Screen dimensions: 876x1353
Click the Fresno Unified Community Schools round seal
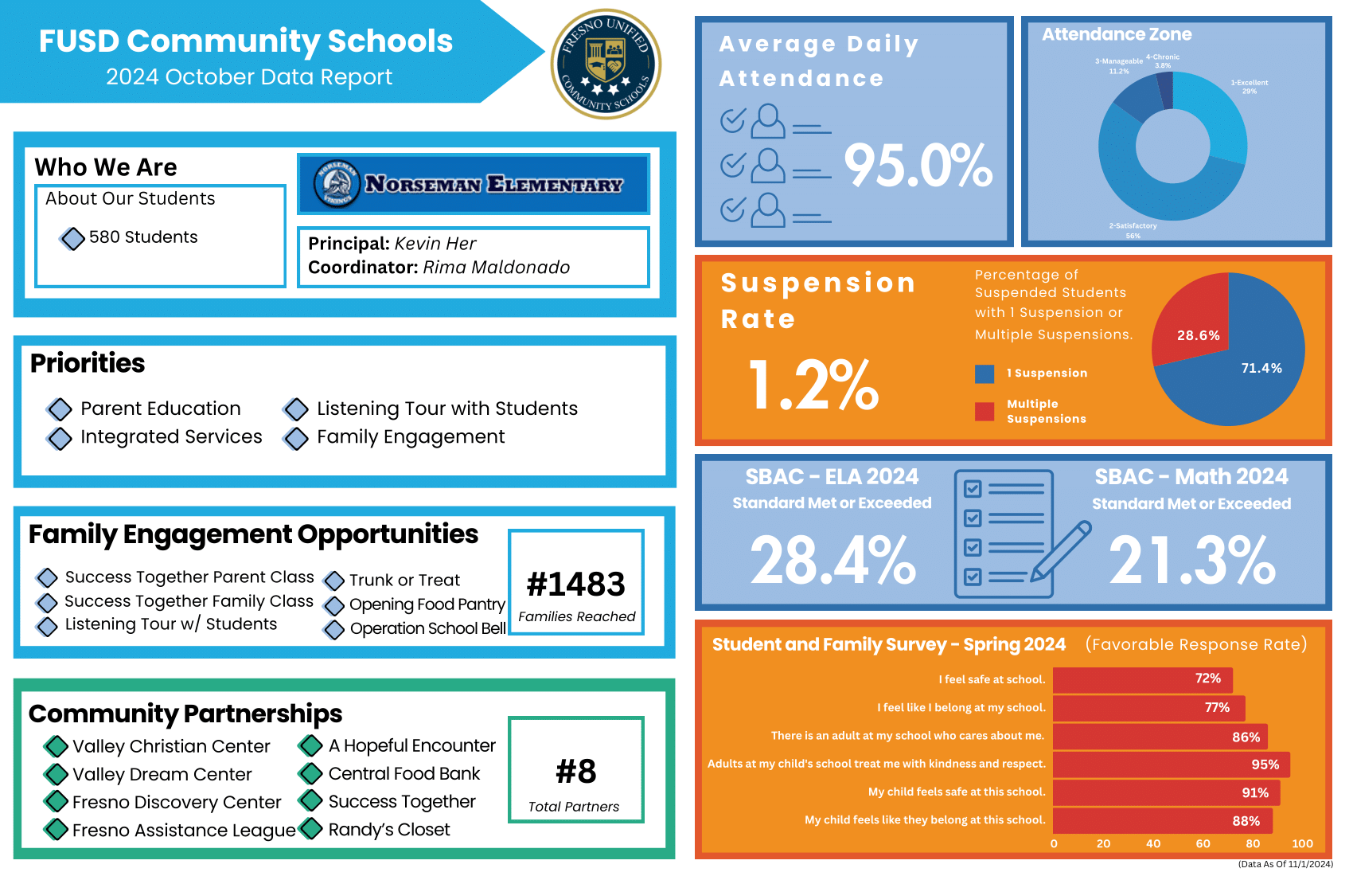pos(606,64)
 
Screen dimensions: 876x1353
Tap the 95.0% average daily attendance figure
pos(918,166)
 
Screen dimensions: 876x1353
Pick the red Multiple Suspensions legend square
pos(985,411)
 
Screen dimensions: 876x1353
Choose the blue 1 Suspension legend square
pos(985,373)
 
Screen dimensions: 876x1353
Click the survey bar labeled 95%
pos(1170,765)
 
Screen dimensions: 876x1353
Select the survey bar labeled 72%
pos(1142,679)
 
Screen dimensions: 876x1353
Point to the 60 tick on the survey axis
pos(1203,843)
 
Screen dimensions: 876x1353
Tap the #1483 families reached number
pos(576,585)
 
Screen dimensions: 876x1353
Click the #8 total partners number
pos(576,772)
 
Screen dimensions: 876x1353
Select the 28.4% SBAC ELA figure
pos(832,560)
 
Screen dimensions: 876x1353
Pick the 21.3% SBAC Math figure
pos(1191,560)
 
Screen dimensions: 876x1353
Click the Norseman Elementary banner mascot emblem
pos(337,184)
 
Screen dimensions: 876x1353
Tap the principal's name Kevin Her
pos(435,244)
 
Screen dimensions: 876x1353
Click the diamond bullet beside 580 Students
pos(72,238)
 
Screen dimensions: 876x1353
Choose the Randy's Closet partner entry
pos(388,830)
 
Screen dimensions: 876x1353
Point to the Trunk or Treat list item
pos(404,581)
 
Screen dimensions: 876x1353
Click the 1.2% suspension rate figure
pos(813,385)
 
